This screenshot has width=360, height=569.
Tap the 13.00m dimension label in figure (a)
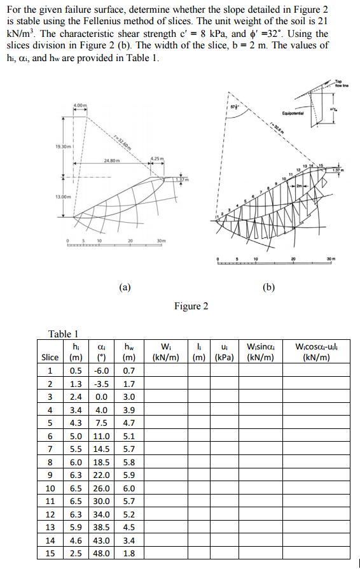[64, 196]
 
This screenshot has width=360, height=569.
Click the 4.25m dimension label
[157, 158]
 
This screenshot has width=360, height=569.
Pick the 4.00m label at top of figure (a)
[81, 103]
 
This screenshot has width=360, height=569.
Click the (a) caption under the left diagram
[125, 286]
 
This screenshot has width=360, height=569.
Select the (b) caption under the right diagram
[269, 286]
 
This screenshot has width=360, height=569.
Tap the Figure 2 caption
[191, 306]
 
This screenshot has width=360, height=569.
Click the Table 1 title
[64, 334]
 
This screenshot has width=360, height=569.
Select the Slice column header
[50, 357]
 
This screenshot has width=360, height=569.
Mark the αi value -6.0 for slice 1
[101, 370]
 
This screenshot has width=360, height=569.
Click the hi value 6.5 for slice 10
[75, 488]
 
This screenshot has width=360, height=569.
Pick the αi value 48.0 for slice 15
[101, 554]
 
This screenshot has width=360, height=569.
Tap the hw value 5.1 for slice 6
[128, 436]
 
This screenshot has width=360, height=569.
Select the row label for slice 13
[50, 528]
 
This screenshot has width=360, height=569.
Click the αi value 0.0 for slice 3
[101, 397]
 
